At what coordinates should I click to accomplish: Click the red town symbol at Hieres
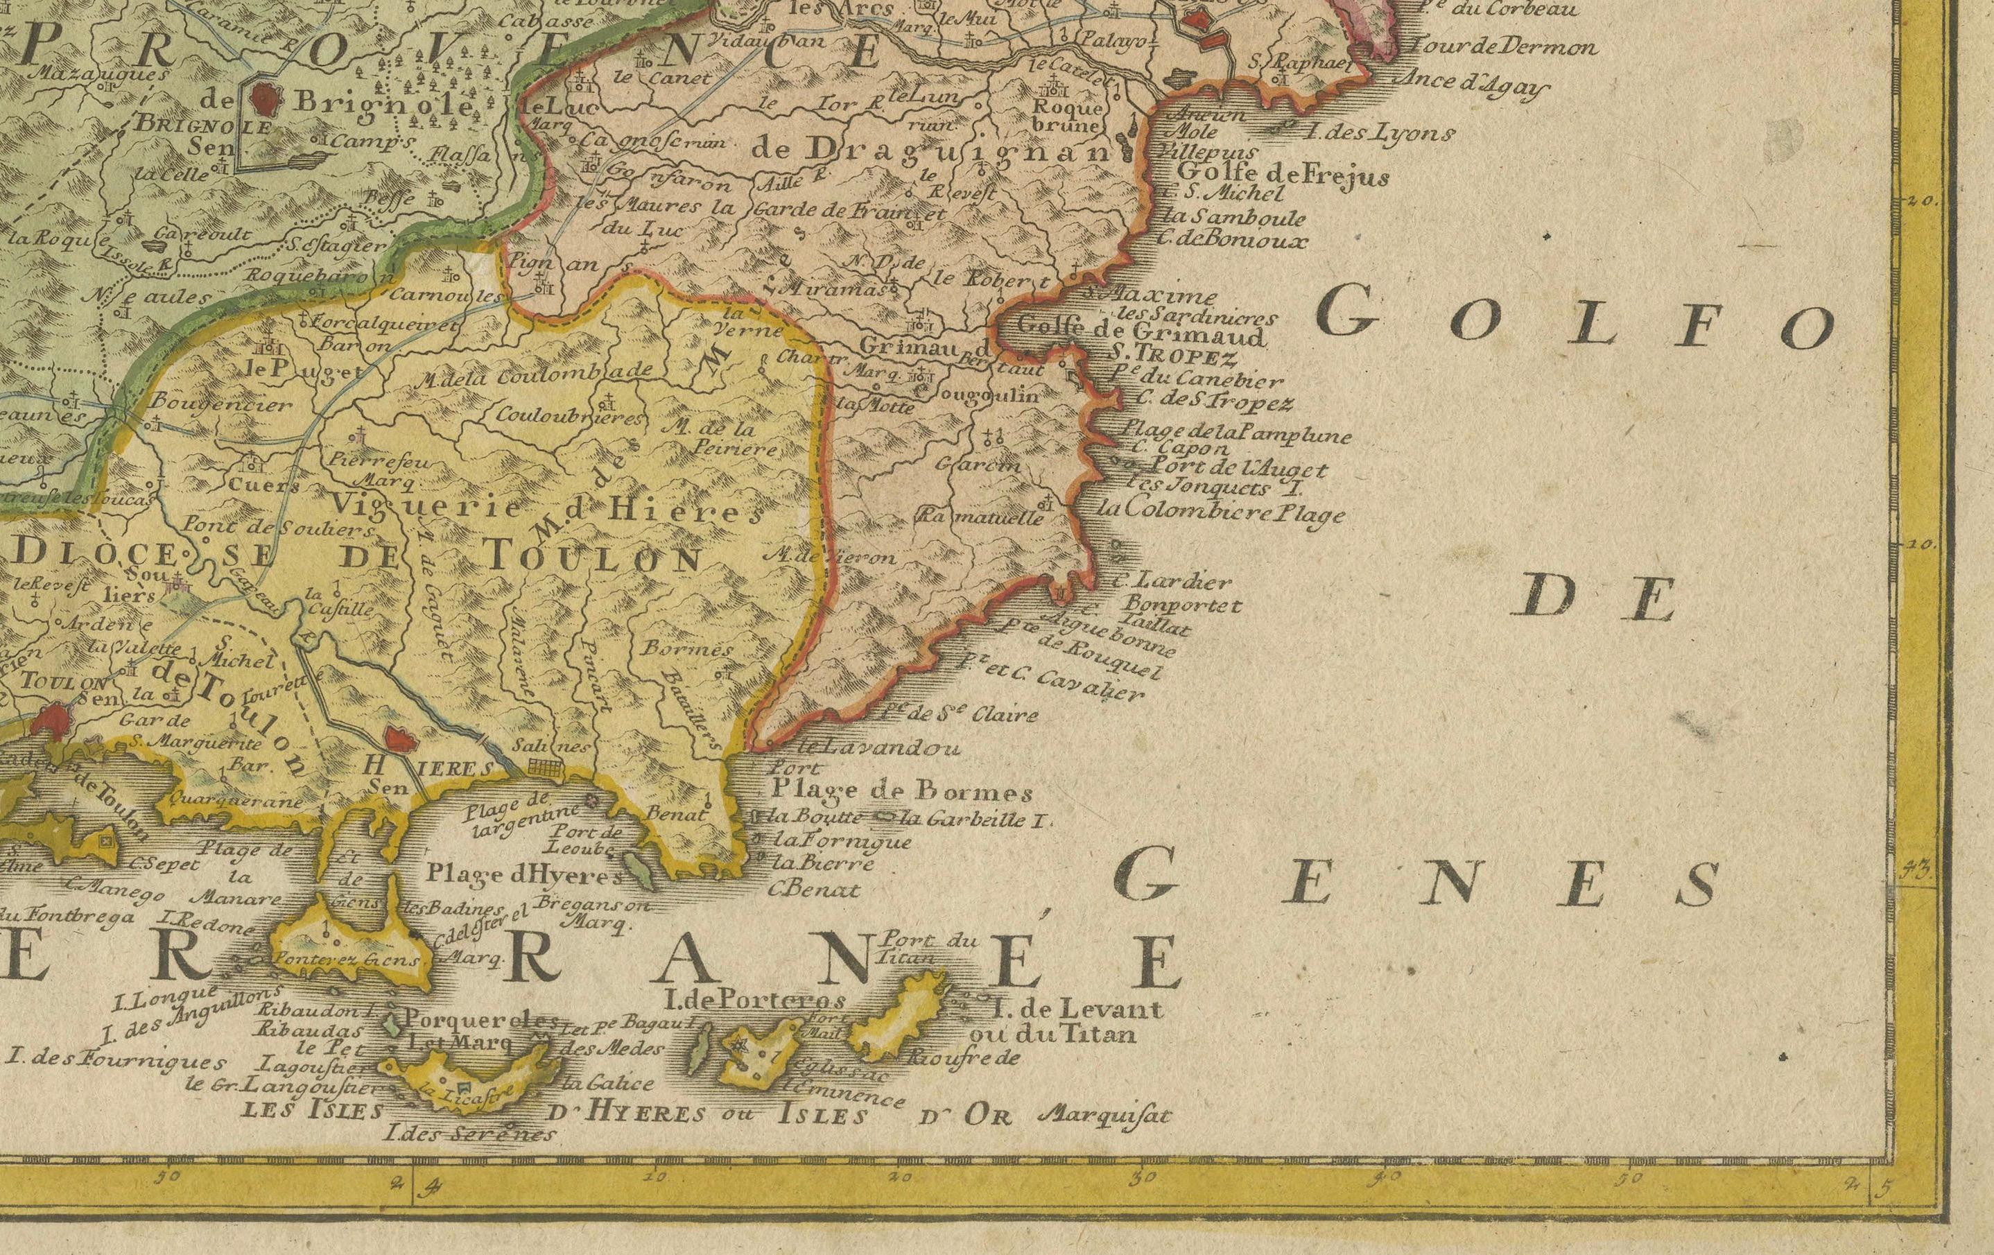400,737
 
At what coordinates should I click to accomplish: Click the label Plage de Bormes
903,792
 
